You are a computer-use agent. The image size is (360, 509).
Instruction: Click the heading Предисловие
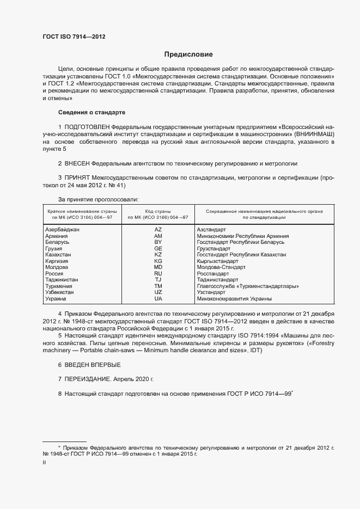click(188, 54)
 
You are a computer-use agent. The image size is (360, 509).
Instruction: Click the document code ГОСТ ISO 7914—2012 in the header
click(74, 36)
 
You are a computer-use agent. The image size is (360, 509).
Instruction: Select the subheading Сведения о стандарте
click(91, 112)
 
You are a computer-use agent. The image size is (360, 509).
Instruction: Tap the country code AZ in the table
click(158, 230)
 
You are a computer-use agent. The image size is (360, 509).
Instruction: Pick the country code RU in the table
click(158, 273)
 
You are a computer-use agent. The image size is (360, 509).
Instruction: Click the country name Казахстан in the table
click(58, 255)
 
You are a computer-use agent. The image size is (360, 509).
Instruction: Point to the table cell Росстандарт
click(213, 273)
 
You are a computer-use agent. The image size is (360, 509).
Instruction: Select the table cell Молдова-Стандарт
click(221, 267)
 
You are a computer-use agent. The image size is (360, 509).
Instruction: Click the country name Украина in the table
click(56, 298)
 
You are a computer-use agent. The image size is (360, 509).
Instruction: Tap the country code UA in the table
click(158, 298)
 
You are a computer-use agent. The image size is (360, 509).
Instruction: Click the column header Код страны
click(158, 211)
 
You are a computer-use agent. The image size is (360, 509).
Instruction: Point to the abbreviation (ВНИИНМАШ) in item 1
click(313, 133)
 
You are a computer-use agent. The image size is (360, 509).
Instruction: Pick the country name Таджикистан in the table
click(61, 280)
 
